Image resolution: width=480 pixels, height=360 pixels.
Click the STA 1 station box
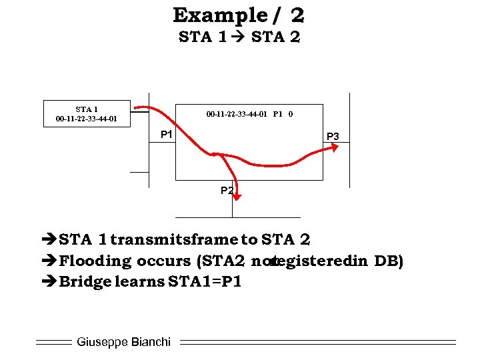(87, 113)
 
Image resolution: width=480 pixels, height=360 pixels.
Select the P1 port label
(167, 135)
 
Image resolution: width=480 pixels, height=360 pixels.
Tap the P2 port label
(227, 191)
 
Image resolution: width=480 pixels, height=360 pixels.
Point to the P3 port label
(333, 137)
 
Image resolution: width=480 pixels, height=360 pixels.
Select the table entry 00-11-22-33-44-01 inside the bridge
(237, 114)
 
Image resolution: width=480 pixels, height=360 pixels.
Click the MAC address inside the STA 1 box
(87, 119)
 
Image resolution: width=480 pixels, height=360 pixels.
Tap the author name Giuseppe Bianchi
(123, 342)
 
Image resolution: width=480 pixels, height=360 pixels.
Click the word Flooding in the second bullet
(95, 261)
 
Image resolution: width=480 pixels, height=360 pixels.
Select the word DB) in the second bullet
(389, 261)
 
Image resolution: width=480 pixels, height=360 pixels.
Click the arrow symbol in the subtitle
(238, 37)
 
